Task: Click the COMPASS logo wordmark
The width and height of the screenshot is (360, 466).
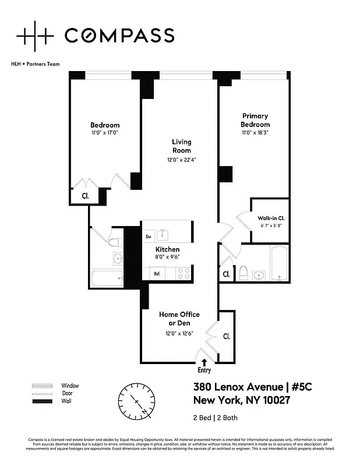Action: [x=119, y=36]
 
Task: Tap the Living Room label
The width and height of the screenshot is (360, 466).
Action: [x=181, y=146]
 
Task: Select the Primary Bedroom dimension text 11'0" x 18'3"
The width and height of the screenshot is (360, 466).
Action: [x=255, y=133]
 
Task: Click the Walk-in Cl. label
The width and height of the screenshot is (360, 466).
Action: [x=270, y=218]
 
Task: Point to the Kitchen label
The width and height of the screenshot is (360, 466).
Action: [x=167, y=249]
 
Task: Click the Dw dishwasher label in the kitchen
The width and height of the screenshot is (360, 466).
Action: [x=149, y=236]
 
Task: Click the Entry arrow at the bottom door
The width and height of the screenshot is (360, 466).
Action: [x=204, y=362]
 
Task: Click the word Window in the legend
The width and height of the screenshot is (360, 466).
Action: [x=70, y=386]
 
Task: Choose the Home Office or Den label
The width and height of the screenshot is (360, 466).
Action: [x=179, y=319]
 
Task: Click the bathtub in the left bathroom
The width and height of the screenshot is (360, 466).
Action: [x=107, y=278]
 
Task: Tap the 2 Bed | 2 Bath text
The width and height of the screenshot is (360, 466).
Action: [x=215, y=418]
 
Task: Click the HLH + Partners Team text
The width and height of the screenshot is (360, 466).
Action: [x=35, y=64]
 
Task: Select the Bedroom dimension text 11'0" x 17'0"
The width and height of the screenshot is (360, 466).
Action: [x=104, y=133]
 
